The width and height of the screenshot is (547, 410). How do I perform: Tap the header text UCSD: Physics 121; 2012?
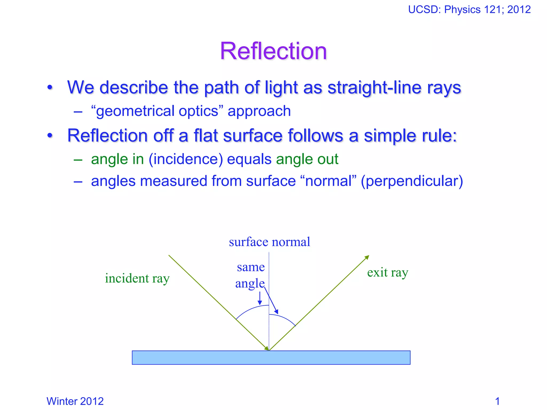(x=469, y=10)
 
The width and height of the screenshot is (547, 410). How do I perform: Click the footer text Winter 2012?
(x=75, y=401)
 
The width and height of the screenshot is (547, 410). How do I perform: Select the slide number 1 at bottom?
(x=497, y=401)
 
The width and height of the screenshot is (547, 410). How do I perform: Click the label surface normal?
(x=269, y=242)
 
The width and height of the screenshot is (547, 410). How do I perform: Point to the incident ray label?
(x=137, y=278)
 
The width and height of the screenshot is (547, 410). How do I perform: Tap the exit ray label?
(x=388, y=273)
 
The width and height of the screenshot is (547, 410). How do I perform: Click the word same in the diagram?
(x=251, y=267)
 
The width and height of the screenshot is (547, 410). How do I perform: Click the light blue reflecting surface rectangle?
(x=271, y=358)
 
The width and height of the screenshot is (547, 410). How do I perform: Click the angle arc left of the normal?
(x=251, y=310)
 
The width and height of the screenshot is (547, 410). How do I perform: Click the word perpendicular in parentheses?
(x=412, y=181)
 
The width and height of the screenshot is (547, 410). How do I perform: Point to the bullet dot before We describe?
(x=50, y=88)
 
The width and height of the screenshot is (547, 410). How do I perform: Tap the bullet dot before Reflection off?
(x=50, y=136)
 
